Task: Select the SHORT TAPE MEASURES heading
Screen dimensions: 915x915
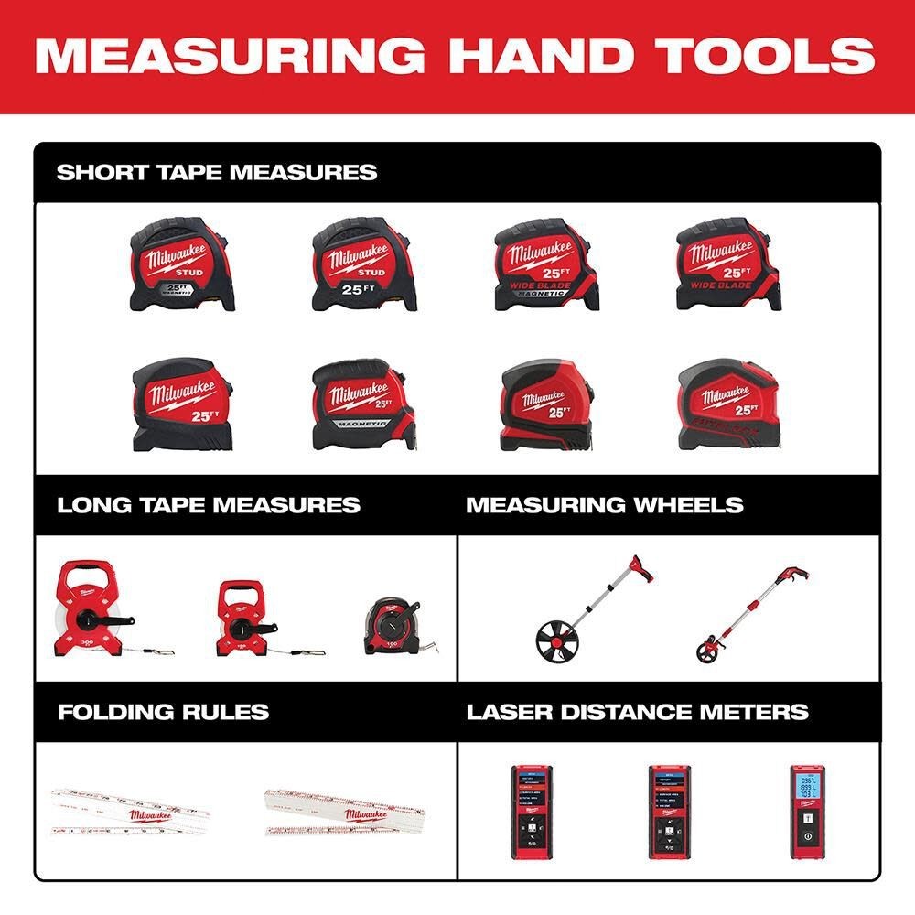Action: click(x=217, y=172)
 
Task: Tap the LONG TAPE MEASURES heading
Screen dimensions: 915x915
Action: click(x=209, y=505)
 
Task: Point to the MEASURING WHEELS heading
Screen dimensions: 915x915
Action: click(x=605, y=505)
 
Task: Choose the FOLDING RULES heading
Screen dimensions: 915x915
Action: click(x=163, y=712)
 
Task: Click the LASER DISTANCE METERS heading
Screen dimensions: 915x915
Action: click(x=638, y=712)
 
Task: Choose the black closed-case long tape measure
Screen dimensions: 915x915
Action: click(x=396, y=627)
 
